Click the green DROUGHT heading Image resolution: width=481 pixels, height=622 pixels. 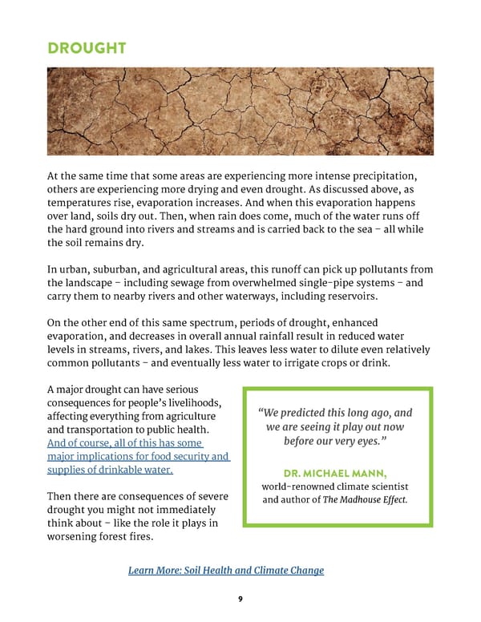tap(86, 47)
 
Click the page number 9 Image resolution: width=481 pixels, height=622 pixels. tap(240, 596)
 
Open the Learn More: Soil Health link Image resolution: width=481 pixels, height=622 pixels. tap(226, 570)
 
